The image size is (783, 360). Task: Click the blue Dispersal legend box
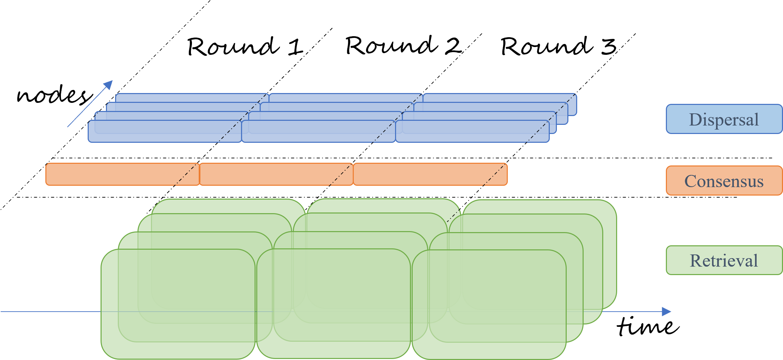point(724,119)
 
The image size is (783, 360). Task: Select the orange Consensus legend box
point(724,181)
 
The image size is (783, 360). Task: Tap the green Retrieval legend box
point(724,260)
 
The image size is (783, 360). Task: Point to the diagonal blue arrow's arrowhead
point(109,84)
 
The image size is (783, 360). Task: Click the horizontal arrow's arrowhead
point(666,312)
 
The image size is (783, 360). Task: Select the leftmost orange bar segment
point(112,174)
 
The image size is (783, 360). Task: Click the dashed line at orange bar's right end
point(495,175)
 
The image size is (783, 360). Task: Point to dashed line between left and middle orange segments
point(186,175)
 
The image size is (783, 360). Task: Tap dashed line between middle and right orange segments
point(341,175)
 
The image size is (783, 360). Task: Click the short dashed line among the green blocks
point(454,216)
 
